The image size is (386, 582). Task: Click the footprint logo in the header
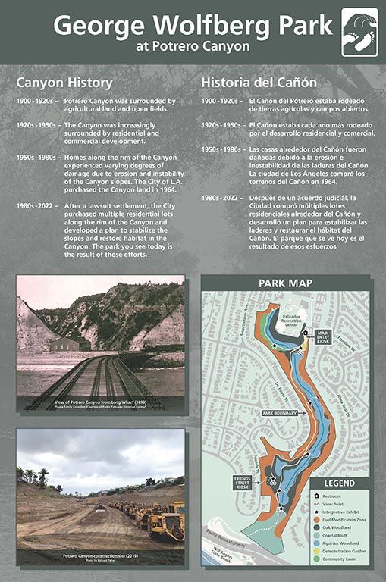359,33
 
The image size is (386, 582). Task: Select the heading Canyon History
64,82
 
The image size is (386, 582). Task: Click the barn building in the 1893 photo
64,344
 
